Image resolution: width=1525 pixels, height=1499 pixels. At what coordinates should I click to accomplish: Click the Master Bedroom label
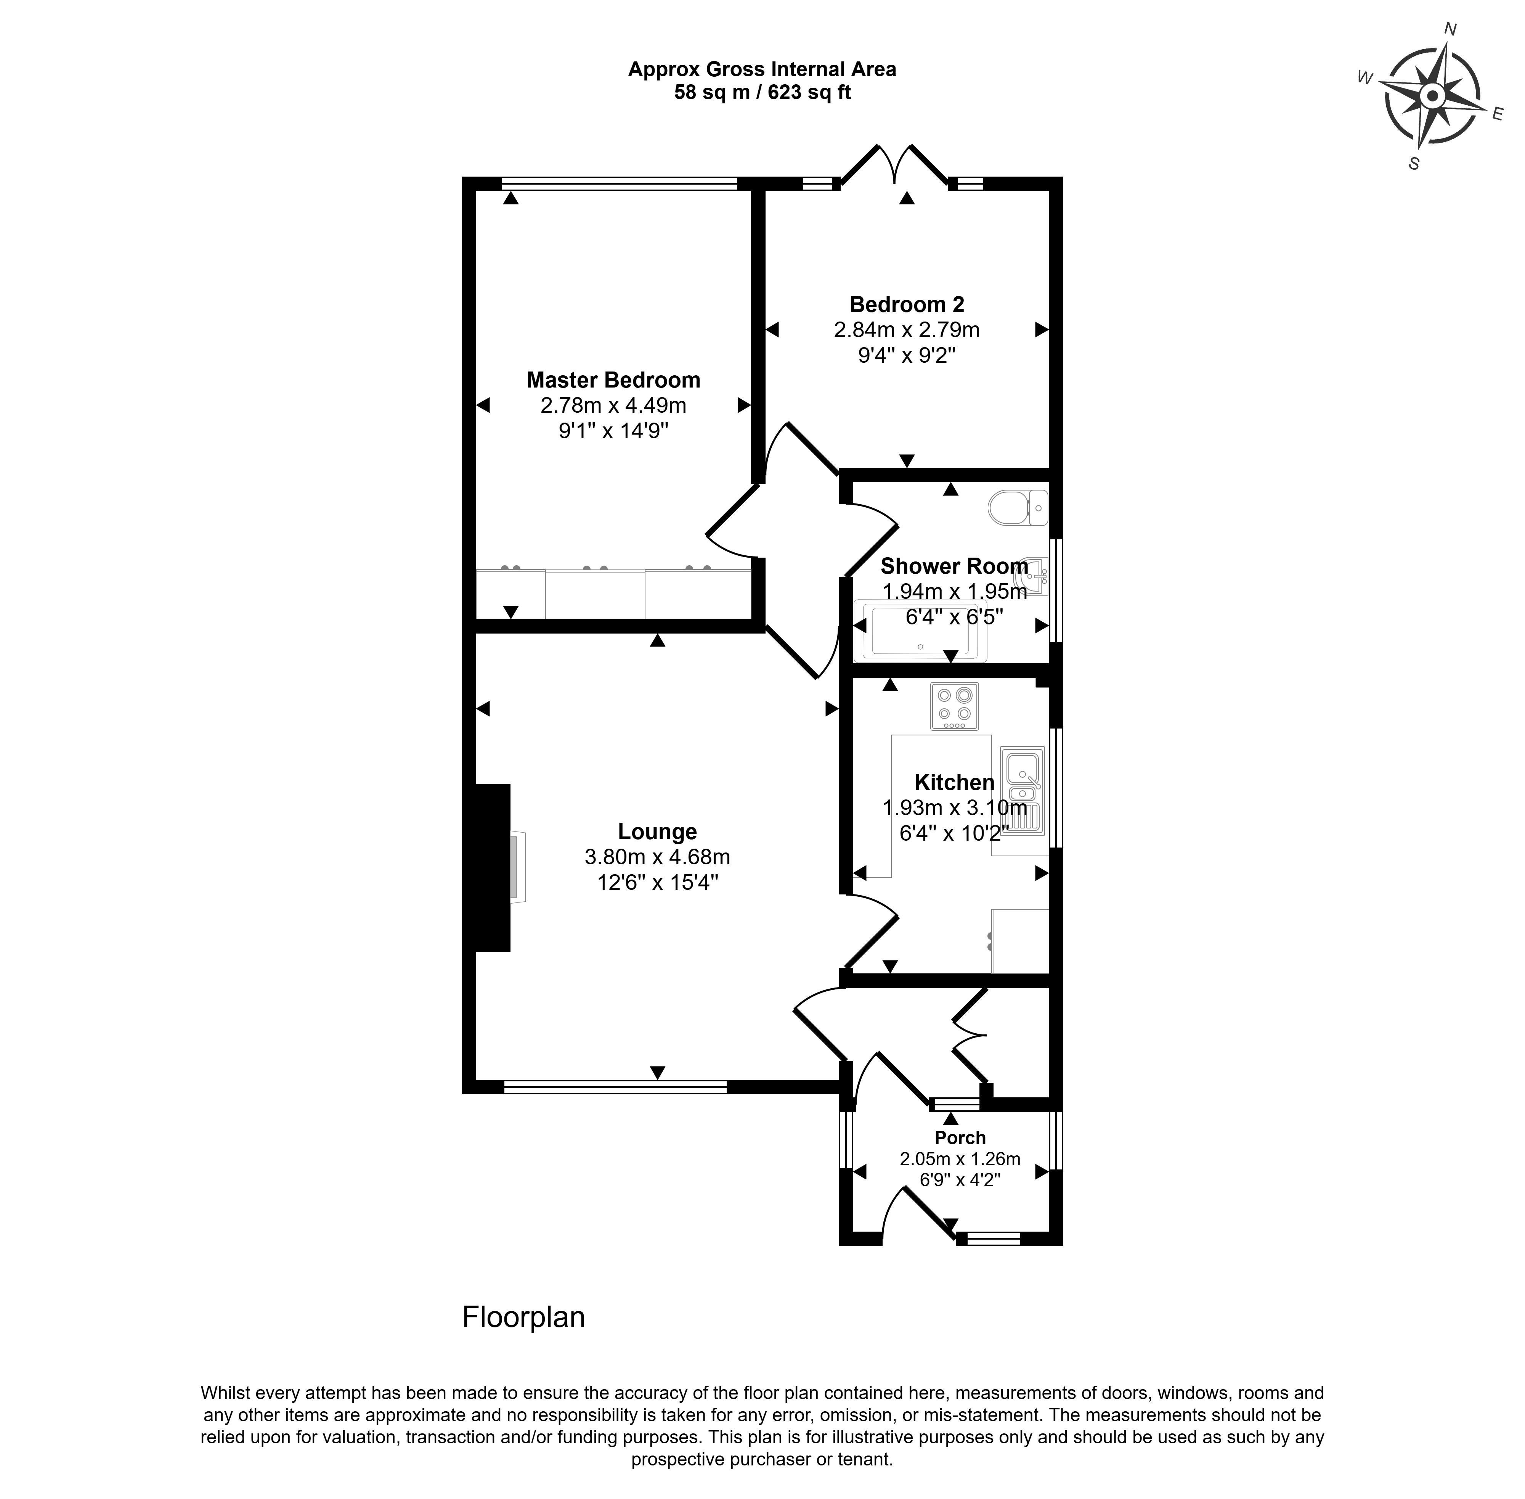click(x=613, y=380)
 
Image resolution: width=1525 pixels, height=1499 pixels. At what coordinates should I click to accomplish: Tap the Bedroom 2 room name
click(x=907, y=305)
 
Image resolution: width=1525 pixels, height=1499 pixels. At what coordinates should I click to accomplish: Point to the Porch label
click(x=960, y=1138)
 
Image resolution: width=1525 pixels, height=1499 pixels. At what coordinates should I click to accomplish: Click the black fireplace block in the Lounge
click(x=493, y=868)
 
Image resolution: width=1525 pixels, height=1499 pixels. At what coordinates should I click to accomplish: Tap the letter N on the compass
click(x=1450, y=30)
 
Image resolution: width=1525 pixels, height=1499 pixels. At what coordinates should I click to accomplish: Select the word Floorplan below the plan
click(x=523, y=1317)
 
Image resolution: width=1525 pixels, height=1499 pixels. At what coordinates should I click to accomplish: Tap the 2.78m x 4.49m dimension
click(x=613, y=405)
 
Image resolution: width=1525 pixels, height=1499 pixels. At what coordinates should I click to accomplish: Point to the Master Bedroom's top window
click(x=619, y=183)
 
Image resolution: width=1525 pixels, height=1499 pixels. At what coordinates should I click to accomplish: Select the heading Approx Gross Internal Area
click(x=762, y=69)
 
